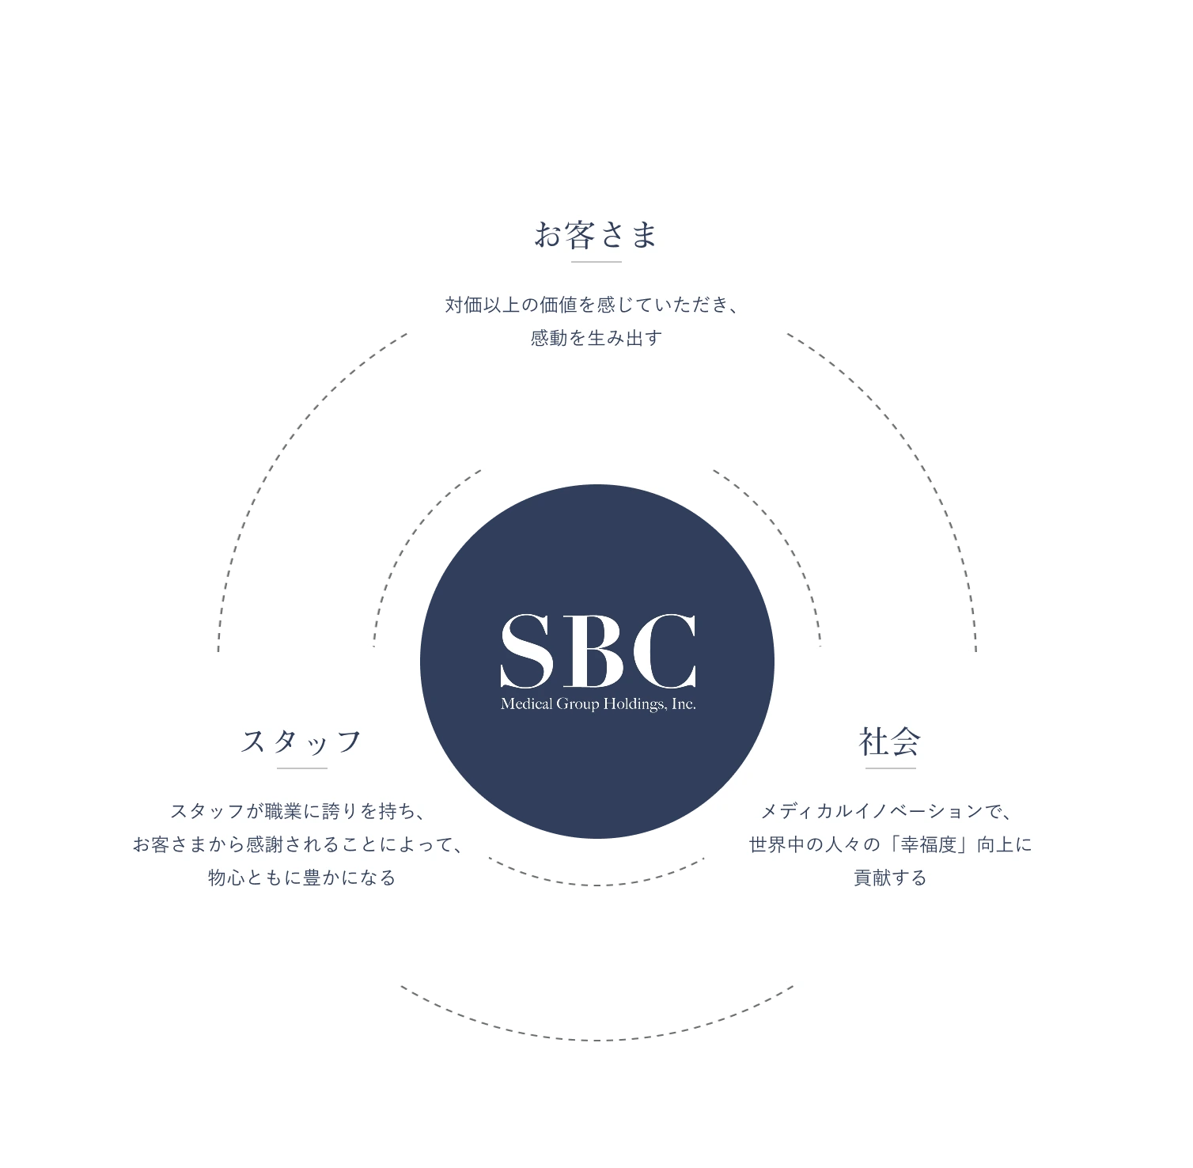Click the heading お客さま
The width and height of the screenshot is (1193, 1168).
click(596, 235)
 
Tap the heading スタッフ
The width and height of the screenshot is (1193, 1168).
click(301, 742)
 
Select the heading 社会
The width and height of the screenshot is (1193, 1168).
click(890, 742)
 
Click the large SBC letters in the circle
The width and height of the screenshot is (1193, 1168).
click(598, 650)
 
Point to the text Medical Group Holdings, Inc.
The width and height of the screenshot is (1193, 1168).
click(598, 704)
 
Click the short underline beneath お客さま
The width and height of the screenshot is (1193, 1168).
click(596, 262)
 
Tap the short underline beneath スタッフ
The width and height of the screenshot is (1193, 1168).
click(302, 768)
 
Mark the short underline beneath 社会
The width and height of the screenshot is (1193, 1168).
click(891, 768)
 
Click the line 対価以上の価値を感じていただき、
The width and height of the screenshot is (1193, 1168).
click(593, 305)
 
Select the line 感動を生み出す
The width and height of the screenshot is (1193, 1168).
click(596, 338)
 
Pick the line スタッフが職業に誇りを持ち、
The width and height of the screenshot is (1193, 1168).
click(299, 811)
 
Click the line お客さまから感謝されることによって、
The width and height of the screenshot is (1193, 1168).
click(298, 844)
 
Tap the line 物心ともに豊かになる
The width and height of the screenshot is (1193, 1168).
click(302, 878)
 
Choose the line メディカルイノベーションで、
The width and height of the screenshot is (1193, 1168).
click(887, 811)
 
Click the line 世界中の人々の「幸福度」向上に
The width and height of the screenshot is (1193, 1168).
click(891, 844)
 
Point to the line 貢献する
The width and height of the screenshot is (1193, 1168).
click(891, 878)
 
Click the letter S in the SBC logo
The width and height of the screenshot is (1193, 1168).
click(527, 650)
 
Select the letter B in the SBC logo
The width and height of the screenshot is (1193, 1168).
click(595, 650)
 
